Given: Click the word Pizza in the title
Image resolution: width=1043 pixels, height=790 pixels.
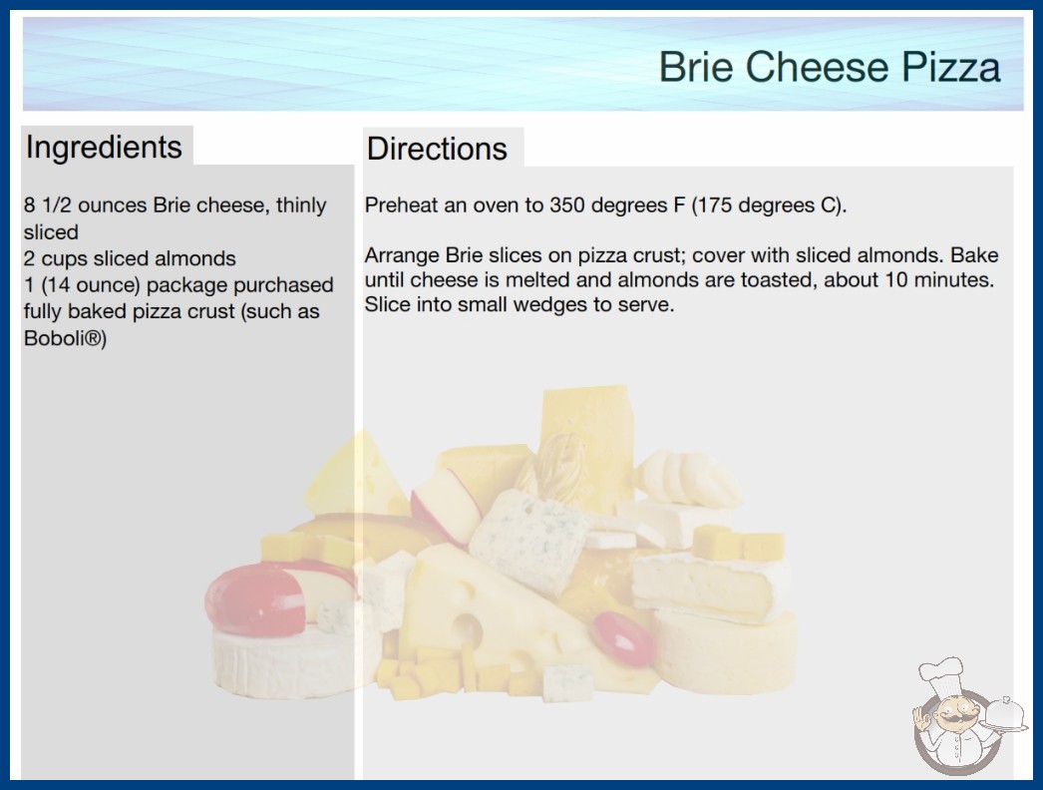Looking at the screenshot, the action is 950,67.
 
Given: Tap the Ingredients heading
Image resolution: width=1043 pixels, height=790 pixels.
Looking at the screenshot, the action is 104,147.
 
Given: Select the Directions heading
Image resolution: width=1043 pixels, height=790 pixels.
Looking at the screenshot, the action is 437,149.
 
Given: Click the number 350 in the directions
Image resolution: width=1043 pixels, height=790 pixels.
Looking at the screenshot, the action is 566,205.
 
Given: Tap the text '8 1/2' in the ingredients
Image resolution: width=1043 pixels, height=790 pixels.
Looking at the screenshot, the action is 48,205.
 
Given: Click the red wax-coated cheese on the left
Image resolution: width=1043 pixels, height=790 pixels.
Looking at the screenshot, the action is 255,599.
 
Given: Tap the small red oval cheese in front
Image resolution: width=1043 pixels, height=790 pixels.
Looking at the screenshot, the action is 623,638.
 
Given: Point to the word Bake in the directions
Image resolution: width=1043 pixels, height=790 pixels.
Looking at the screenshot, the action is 974,255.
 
